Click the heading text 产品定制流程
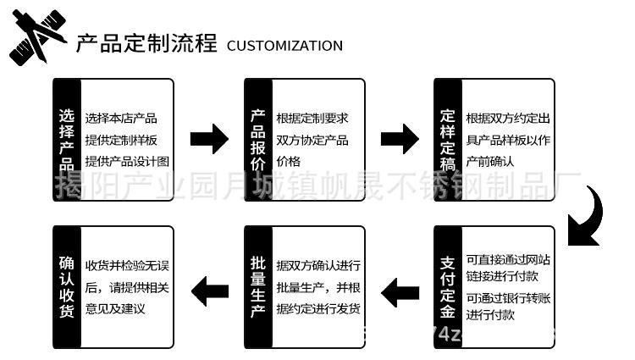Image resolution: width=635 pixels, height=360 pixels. coord(146,43)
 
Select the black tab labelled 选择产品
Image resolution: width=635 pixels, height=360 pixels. coord(66,140)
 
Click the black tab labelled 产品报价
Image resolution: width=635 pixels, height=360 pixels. coord(257,140)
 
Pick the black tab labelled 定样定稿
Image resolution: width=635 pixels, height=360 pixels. coord(448,140)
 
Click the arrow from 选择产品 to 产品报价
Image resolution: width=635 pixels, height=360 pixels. coord(209,139)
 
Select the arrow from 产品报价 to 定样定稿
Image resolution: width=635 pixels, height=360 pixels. coord(400,139)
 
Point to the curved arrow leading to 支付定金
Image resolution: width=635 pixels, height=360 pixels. coord(588,216)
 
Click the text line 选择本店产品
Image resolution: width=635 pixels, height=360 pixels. coord(121,119)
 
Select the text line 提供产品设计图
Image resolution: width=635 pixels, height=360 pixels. coord(128,161)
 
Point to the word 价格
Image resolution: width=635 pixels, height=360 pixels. coord(289,161)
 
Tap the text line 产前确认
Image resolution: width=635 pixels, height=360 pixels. coord(490,161)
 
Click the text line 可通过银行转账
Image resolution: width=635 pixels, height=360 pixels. coord(507,297)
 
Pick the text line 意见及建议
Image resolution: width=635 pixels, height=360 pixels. coord(116,309)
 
